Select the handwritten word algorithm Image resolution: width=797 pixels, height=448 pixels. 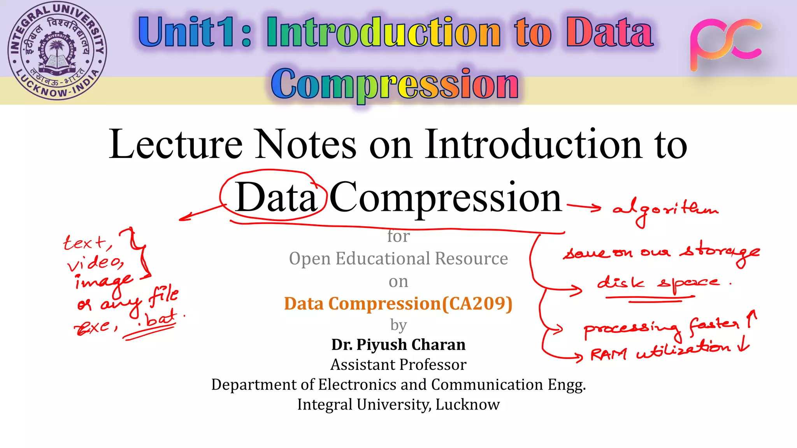coord(665,210)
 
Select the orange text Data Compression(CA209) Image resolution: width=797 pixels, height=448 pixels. coord(398,303)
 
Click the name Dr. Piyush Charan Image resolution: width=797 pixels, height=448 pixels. coord(398,345)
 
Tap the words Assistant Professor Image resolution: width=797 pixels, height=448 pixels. coord(398,365)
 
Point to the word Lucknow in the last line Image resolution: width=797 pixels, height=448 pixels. coord(467,404)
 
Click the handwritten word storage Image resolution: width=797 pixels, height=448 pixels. coord(720,252)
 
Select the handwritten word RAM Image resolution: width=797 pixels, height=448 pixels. coord(609,354)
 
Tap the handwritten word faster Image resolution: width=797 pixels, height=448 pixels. coord(714,325)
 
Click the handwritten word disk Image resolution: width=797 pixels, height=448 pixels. coord(621,282)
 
